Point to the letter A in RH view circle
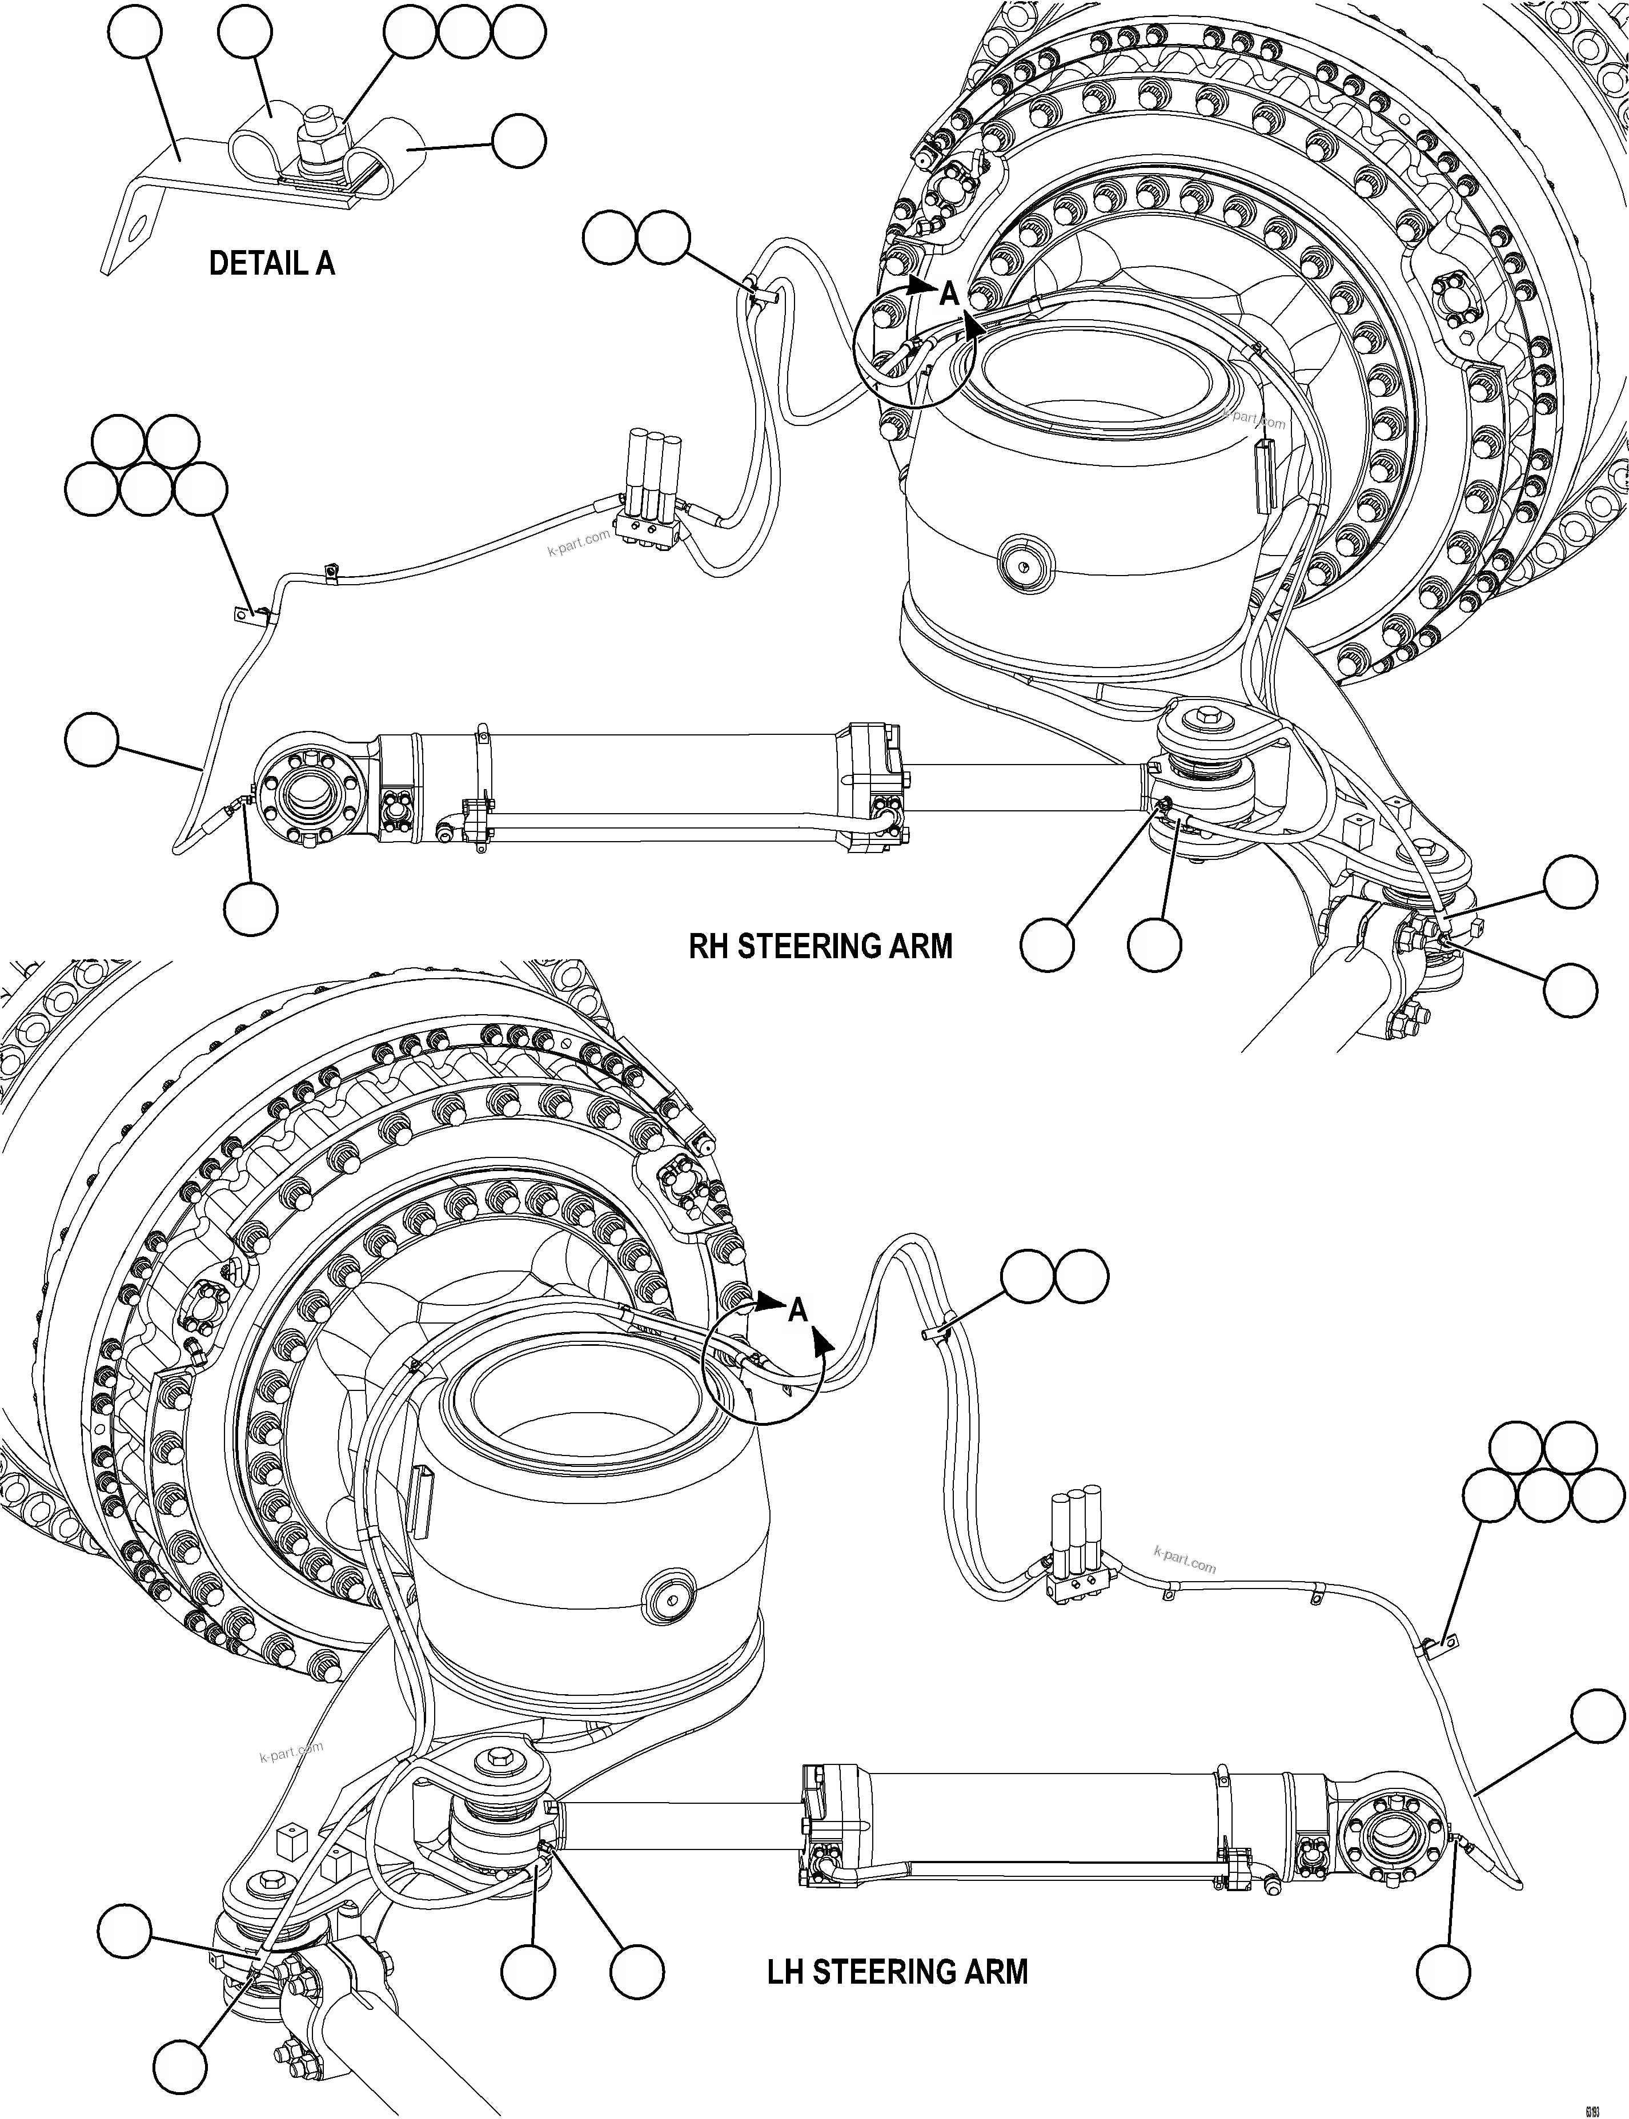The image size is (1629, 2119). [949, 293]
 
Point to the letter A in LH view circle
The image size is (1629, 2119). [797, 1312]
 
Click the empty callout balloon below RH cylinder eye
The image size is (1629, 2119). [250, 909]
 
